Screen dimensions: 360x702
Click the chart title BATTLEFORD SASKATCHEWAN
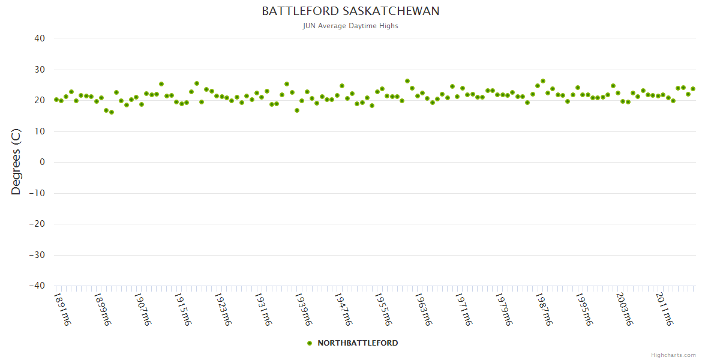pyautogui.click(x=350, y=11)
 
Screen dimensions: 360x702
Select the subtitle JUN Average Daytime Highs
pyautogui.click(x=350, y=26)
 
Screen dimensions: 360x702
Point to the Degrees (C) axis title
pyautogui.click(x=16, y=162)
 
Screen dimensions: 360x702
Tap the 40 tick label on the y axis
pyautogui.click(x=40, y=38)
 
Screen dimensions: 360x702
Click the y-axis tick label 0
pyautogui.click(x=43, y=162)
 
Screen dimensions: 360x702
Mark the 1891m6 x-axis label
pyautogui.click(x=62, y=309)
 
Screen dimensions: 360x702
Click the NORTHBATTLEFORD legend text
pyautogui.click(x=358, y=343)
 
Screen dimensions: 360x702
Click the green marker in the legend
pyautogui.click(x=310, y=343)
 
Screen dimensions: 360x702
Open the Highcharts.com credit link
pyautogui.click(x=673, y=355)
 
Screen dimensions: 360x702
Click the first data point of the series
pyautogui.click(x=56, y=100)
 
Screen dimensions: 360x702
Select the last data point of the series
pyautogui.click(x=693, y=89)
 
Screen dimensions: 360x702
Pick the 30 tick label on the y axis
pyautogui.click(x=40, y=70)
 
